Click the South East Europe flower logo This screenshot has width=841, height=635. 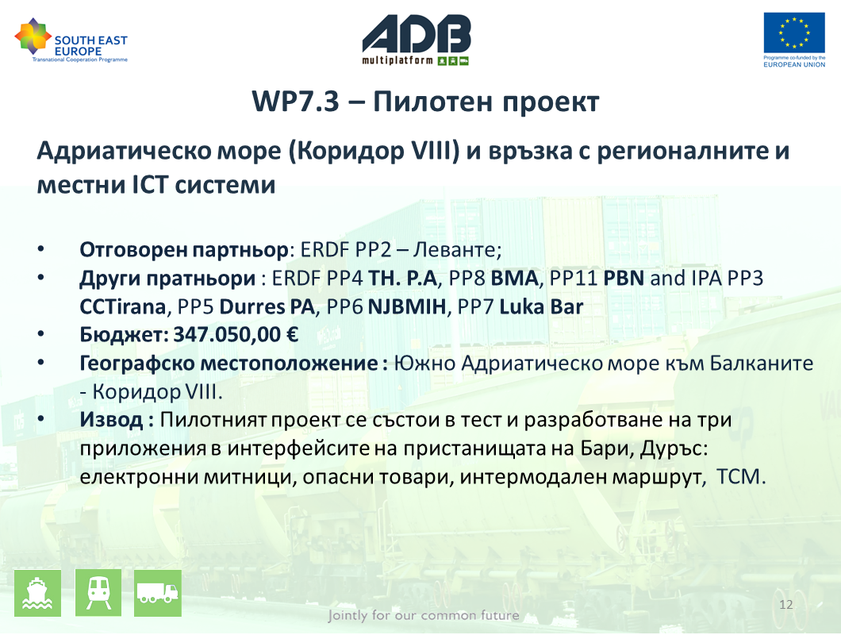(x=33, y=36)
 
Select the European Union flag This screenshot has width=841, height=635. (x=794, y=33)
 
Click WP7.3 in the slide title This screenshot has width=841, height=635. (x=295, y=101)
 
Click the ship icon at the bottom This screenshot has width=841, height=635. (x=37, y=593)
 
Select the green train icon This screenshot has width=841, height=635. (x=98, y=593)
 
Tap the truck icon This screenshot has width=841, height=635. (x=158, y=593)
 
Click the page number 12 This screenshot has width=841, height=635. (x=785, y=605)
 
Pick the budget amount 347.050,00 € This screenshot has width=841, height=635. (x=236, y=335)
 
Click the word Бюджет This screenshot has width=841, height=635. (x=123, y=336)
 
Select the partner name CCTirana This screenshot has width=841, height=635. (x=122, y=307)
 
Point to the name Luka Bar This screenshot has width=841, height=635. (x=541, y=307)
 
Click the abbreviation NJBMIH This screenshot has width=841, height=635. (x=407, y=307)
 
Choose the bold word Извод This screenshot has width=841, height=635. (x=112, y=420)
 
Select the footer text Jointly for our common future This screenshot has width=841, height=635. (x=424, y=615)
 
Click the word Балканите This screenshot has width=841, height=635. (x=762, y=364)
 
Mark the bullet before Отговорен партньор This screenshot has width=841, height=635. (x=41, y=248)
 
